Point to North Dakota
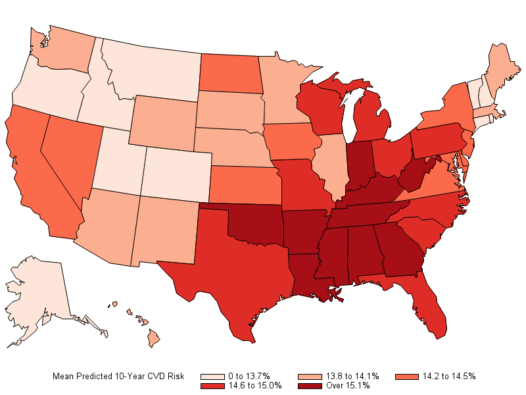coord(231,73)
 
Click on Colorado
coord(177,174)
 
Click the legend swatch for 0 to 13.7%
coord(212,377)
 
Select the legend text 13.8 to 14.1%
coord(352,376)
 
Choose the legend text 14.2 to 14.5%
coord(449,376)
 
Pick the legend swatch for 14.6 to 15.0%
coord(212,386)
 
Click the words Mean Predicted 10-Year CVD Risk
coord(118,376)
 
